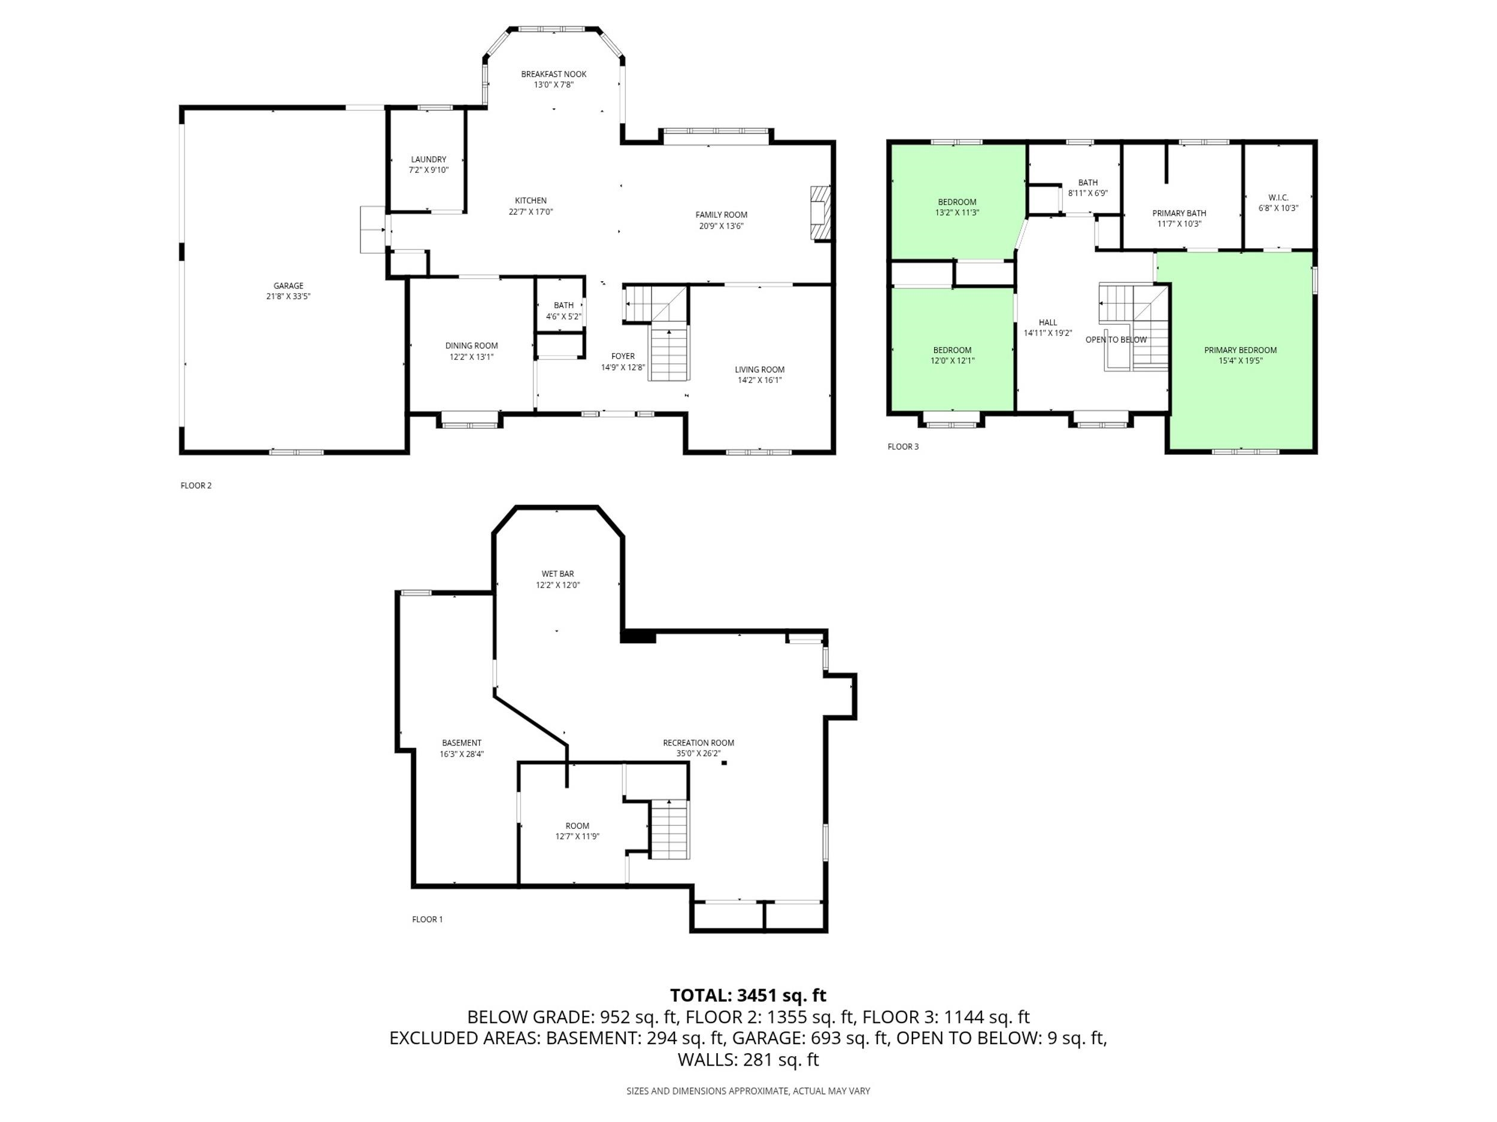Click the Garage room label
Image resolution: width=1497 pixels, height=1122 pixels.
[288, 285]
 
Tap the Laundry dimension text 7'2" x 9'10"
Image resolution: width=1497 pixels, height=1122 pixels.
[428, 171]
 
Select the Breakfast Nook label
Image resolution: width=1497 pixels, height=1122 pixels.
[554, 74]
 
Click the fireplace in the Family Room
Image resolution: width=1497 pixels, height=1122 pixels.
[820, 213]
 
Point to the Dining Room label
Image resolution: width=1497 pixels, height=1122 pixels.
[472, 346]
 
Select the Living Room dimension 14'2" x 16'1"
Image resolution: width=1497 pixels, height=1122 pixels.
[759, 380]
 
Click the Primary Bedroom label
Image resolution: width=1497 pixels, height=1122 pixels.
[1240, 349]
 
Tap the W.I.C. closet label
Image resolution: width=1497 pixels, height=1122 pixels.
[1278, 197]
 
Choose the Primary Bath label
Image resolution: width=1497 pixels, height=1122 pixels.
[1179, 213]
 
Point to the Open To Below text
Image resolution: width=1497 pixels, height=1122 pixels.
[1116, 339]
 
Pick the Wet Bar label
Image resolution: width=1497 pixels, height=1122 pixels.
[557, 573]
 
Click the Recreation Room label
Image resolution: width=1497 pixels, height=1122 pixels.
[698, 743]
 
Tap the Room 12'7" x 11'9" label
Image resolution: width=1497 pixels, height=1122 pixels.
[577, 826]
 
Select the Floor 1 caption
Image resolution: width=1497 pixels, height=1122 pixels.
[427, 919]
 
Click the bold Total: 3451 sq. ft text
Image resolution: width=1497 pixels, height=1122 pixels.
[748, 996]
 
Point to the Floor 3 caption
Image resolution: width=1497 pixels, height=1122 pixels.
[903, 446]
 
